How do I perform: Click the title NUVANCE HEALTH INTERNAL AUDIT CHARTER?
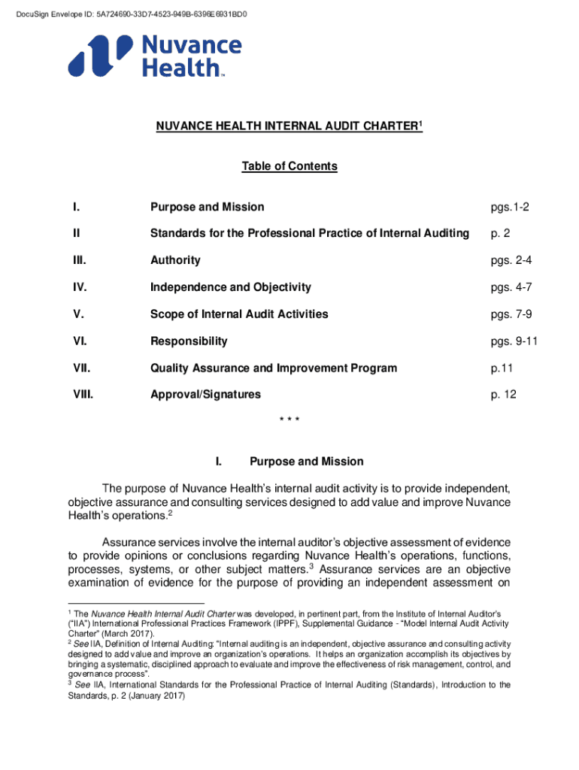(x=289, y=128)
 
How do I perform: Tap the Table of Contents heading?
(x=289, y=166)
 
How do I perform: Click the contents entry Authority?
(x=175, y=260)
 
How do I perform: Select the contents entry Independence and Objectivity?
(x=230, y=287)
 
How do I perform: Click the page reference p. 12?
(x=503, y=395)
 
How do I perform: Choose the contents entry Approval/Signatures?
(x=205, y=395)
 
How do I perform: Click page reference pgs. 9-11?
(x=514, y=341)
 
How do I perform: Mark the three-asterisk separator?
(x=289, y=420)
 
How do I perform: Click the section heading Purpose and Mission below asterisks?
(x=306, y=462)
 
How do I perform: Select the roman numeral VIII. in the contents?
(x=83, y=395)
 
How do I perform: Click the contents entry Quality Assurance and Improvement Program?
(x=273, y=368)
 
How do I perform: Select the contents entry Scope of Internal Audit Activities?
(x=239, y=314)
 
